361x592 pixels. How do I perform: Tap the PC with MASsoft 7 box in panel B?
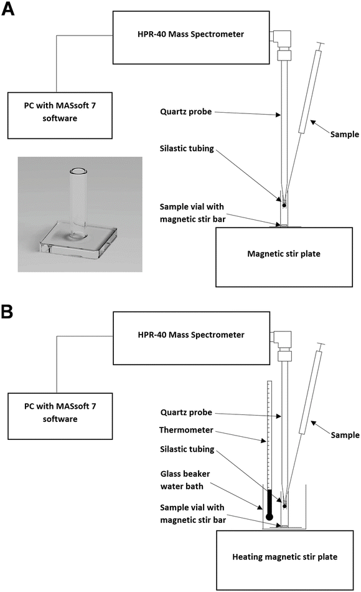(x=60, y=413)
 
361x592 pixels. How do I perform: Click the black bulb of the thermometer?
(x=269, y=516)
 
